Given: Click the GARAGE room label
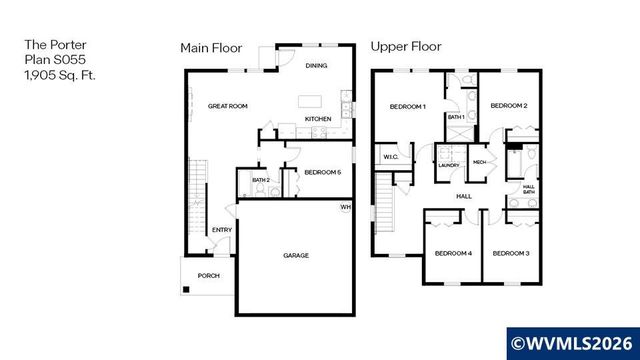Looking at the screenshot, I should pos(295,255).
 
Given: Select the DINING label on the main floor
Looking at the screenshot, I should pos(317,65).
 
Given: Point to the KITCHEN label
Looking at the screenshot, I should pos(318,120).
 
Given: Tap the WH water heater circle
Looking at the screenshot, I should pos(346,207).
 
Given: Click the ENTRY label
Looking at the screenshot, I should pos(221,231).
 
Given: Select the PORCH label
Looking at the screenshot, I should pos(208,275).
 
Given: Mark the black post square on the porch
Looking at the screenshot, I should pos(185,290).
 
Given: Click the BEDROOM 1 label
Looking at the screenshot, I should pos(408,106).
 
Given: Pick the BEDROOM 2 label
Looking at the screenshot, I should pos(509,105).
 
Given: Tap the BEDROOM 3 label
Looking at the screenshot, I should pos(510,253).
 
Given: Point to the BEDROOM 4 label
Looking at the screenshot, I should pos(452,253).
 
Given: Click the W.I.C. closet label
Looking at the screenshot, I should pos(389,155).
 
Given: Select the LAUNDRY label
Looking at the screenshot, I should pos(447,166).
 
